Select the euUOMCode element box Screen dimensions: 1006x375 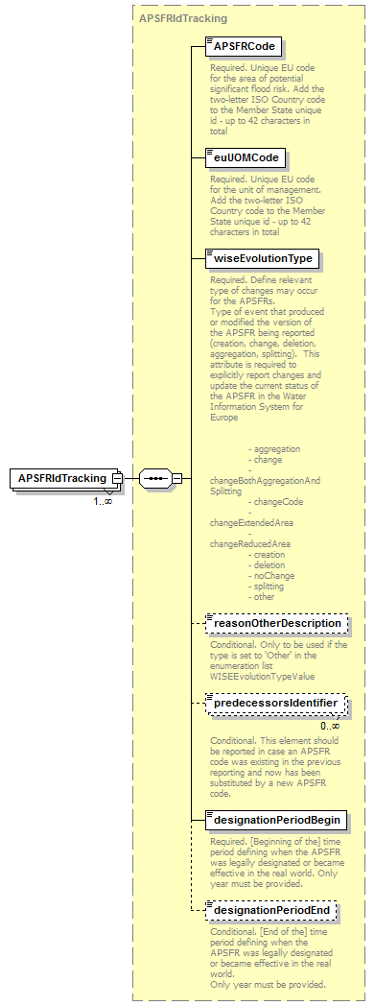coord(246,156)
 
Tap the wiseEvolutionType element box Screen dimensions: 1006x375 coord(263,258)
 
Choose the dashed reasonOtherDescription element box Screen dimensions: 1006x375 coord(277,623)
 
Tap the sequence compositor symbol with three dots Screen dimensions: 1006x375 coord(154,477)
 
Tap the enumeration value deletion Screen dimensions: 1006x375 coord(270,564)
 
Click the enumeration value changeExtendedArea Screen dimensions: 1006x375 coord(251,522)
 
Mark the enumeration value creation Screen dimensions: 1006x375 coord(270,554)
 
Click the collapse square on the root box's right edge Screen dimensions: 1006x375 coord(117,478)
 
